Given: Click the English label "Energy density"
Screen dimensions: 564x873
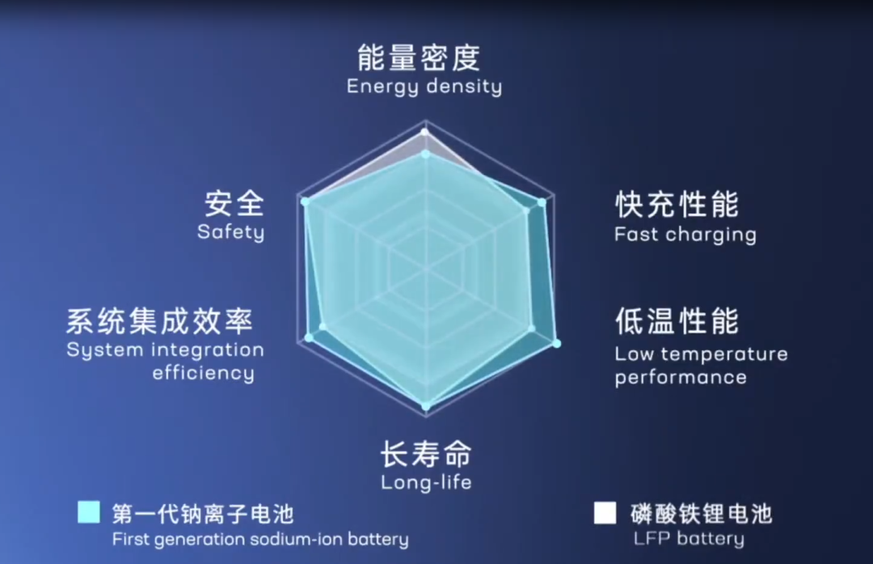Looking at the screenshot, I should (424, 86).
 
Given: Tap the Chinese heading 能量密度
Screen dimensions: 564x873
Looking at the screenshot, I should (419, 57).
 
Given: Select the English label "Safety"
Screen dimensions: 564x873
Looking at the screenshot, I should (230, 232).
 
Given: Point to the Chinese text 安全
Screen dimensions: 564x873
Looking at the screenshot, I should (234, 203).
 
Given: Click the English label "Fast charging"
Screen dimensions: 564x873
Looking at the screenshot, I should (685, 235).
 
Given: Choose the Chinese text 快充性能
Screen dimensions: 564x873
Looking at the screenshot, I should (677, 205).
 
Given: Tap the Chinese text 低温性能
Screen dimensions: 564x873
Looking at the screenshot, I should (677, 321).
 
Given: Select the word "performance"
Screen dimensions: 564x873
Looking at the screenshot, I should (680, 377).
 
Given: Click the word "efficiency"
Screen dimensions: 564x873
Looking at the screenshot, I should (203, 373).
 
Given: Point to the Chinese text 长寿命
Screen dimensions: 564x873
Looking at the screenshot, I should (425, 455).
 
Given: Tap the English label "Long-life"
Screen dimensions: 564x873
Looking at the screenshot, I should (426, 482).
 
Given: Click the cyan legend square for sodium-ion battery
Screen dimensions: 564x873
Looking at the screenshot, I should (89, 512).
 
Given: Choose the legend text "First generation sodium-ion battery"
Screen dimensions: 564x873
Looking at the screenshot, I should (260, 539).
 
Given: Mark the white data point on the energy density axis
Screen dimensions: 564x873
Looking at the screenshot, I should (424, 131).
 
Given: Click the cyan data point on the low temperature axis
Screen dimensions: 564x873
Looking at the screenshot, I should (556, 344).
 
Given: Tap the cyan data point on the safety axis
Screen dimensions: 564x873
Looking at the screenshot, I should (305, 201).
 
